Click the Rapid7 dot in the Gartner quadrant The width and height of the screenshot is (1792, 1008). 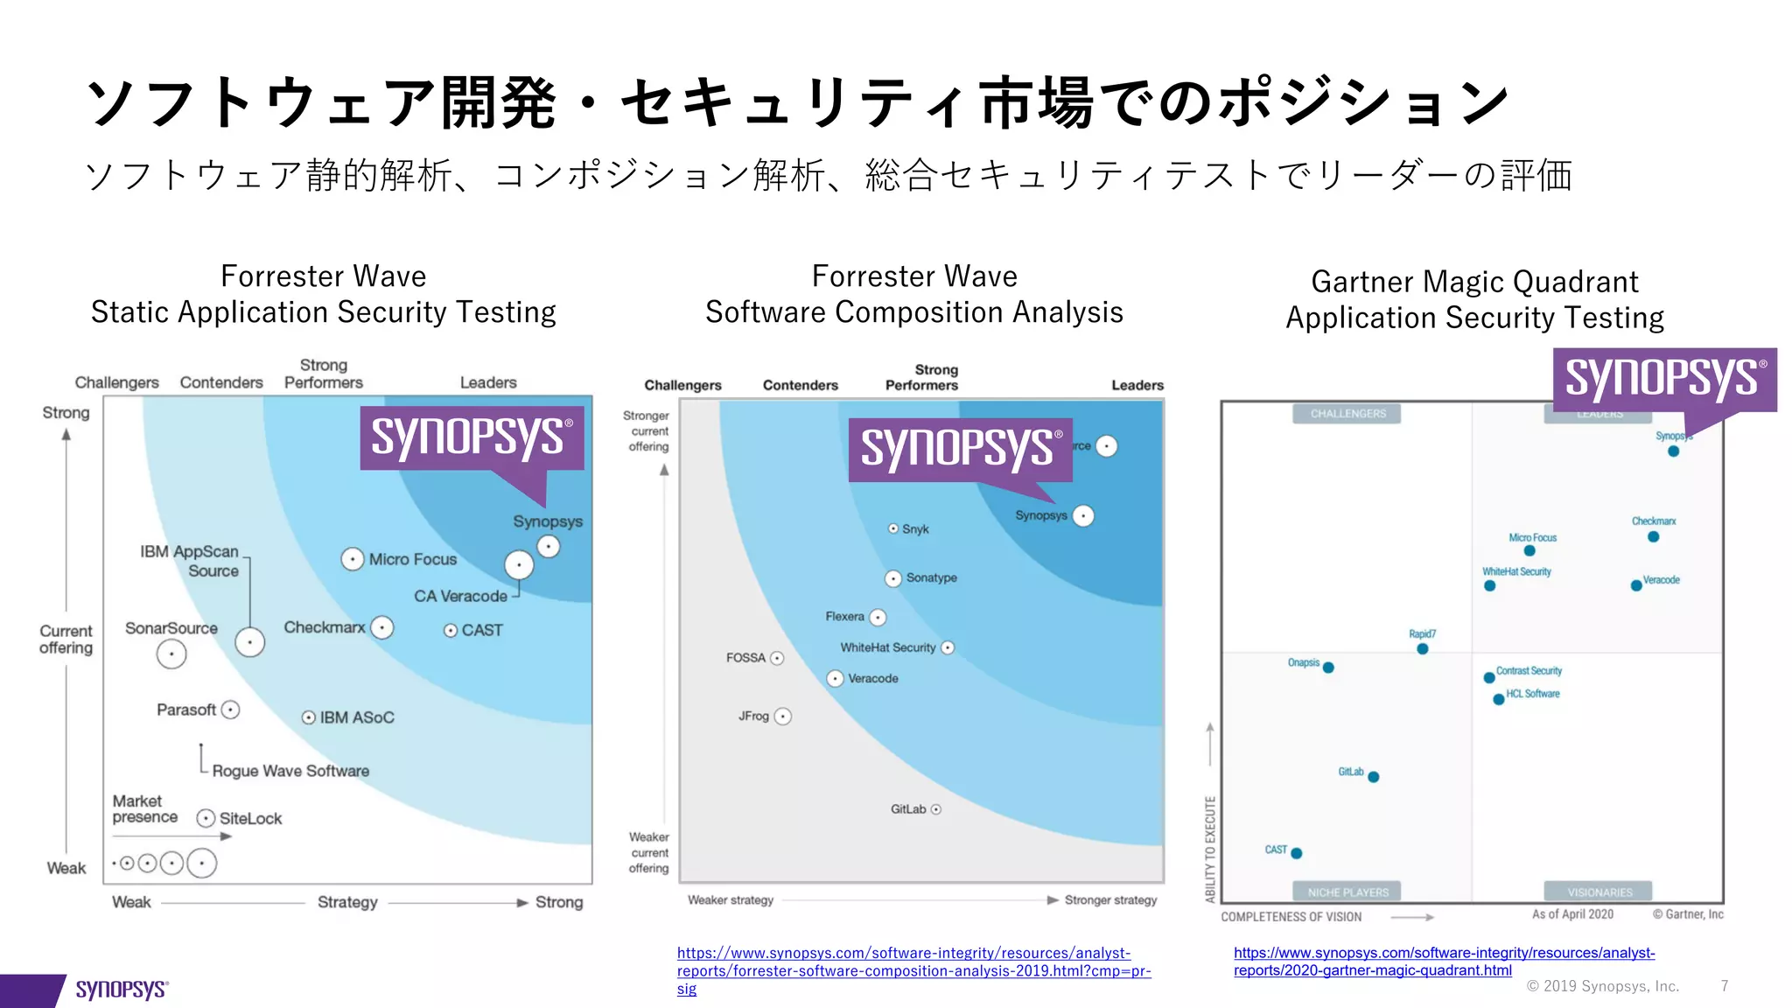(1422, 649)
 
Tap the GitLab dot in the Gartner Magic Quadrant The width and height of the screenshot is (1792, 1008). (1373, 777)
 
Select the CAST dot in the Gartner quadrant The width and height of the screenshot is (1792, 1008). (1297, 853)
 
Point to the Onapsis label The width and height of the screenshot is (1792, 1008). (1303, 662)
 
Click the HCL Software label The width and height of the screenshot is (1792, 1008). (1533, 694)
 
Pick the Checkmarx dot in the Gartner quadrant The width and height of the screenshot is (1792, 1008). (1653, 536)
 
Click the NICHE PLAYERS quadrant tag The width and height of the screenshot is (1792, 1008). (1347, 892)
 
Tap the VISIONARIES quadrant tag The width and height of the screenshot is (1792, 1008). (1599, 892)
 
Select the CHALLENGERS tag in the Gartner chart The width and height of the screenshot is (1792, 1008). (1347, 414)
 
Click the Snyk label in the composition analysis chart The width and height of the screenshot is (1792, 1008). (915, 529)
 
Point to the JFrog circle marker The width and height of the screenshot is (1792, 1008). (783, 717)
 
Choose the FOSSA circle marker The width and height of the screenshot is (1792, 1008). (777, 658)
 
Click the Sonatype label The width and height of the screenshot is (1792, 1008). (931, 578)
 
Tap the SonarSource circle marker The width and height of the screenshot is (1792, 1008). (171, 654)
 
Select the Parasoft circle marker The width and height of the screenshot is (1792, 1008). (230, 710)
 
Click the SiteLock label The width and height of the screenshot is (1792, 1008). (250, 819)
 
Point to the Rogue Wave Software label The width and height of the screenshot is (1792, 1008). (290, 771)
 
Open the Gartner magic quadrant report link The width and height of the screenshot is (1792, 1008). (1444, 962)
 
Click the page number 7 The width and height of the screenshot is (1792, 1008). (1724, 986)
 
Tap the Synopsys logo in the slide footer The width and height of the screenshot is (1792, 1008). (122, 990)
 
